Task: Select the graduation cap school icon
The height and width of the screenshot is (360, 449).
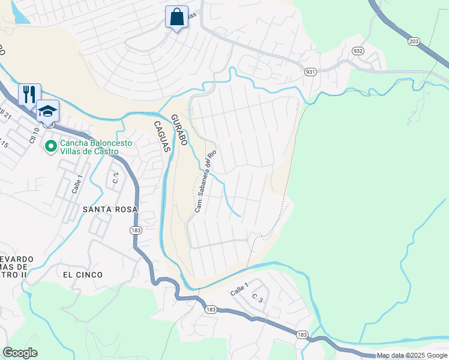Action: click(x=47, y=110)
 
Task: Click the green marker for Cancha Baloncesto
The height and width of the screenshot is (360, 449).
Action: click(x=51, y=145)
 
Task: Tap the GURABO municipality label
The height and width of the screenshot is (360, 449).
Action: click(x=179, y=130)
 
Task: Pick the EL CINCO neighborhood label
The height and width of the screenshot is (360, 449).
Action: click(x=83, y=274)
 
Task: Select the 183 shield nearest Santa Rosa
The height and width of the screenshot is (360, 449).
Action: click(x=135, y=229)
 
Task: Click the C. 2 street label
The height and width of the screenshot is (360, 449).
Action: click(x=116, y=177)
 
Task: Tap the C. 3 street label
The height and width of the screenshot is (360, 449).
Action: click(x=258, y=298)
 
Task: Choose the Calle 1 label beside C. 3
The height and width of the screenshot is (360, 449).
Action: click(x=239, y=289)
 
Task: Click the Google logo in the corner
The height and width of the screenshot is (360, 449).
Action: click(x=20, y=353)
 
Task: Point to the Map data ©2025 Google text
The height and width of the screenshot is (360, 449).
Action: click(x=411, y=356)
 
